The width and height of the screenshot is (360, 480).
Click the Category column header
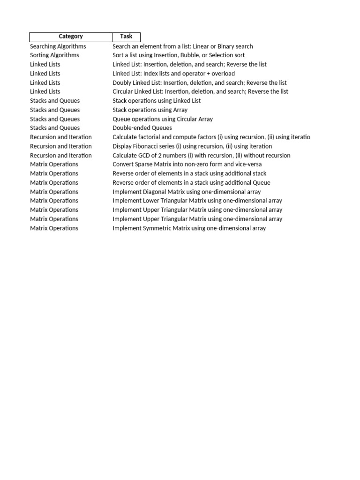[x=70, y=37]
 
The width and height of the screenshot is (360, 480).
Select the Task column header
[x=126, y=37]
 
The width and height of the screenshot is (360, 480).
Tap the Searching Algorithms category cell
[x=58, y=46]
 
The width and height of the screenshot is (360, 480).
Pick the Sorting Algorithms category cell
[x=54, y=55]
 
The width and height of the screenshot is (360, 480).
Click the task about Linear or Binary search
[x=182, y=46]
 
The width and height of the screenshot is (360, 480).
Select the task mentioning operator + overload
[x=173, y=74]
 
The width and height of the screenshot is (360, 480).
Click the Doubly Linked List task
[x=199, y=82]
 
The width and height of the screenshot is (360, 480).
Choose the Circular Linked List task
[x=200, y=91]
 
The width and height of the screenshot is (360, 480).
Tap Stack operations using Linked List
[x=156, y=101]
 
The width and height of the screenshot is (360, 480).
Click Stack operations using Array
[x=150, y=110]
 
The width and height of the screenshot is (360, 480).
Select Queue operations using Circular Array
[x=162, y=119]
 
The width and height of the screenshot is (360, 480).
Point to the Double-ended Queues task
[x=142, y=128]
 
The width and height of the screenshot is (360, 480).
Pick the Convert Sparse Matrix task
[x=187, y=165]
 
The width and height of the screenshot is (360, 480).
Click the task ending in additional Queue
[x=191, y=183]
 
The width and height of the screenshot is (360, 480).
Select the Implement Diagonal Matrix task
[x=187, y=192]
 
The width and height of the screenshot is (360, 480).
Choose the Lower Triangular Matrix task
[x=197, y=201]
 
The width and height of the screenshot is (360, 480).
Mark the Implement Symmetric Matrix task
[x=189, y=228]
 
